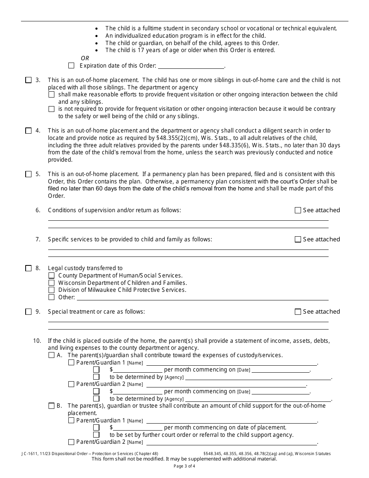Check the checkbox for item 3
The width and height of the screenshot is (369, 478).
point(28,80)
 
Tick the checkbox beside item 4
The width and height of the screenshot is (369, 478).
point(28,131)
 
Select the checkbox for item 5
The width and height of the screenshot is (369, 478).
point(28,174)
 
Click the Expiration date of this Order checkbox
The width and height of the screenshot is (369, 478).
point(71,66)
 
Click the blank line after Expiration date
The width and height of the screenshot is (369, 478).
point(191,66)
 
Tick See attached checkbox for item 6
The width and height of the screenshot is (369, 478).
point(298,210)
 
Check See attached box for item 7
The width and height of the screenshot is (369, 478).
point(298,239)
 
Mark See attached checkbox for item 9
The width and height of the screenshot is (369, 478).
point(298,312)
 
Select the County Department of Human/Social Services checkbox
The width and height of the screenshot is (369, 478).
point(51,276)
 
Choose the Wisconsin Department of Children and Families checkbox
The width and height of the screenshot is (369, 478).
point(51,283)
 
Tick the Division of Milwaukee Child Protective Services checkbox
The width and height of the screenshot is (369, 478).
point(51,290)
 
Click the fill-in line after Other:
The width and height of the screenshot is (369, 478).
point(202,297)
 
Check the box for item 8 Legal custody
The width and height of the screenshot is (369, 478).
point(28,268)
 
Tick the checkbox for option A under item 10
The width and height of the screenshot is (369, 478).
point(51,355)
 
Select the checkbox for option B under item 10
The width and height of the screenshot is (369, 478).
point(51,406)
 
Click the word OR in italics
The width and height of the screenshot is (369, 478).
point(85,58)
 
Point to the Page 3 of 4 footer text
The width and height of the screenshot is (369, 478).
point(184,466)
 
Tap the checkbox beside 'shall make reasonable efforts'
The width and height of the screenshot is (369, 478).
point(51,94)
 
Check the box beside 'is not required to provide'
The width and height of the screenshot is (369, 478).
point(51,109)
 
